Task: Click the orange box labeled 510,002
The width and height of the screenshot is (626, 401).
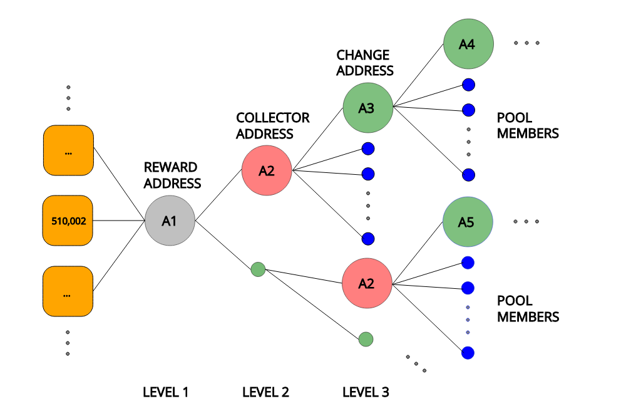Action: [x=68, y=221]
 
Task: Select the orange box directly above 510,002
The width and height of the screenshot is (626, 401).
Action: [x=68, y=150]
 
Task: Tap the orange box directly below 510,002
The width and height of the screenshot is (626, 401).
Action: [x=68, y=291]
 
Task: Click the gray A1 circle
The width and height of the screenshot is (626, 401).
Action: [x=170, y=221]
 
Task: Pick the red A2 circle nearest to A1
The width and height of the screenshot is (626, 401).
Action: [x=267, y=170]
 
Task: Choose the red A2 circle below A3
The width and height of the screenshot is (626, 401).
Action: [x=367, y=283]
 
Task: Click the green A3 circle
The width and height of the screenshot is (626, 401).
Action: [x=367, y=108]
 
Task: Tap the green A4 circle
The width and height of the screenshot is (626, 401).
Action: [x=468, y=44]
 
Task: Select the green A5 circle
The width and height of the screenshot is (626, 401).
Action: [x=468, y=222]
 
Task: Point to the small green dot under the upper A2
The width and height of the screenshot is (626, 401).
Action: [x=258, y=269]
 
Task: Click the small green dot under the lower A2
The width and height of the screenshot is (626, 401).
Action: [x=366, y=339]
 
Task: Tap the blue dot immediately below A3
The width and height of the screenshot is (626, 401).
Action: [x=368, y=148]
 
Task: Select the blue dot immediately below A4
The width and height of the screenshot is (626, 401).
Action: [x=468, y=85]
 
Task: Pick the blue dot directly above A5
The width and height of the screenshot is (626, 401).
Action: [x=468, y=175]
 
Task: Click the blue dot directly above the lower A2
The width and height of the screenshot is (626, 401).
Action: [x=368, y=239]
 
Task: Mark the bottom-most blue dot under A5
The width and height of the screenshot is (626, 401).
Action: [x=468, y=353]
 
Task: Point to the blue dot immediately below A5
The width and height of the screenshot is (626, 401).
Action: [x=468, y=263]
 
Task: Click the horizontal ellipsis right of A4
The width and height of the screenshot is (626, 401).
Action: [x=526, y=43]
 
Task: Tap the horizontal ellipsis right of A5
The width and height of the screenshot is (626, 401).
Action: [x=526, y=222]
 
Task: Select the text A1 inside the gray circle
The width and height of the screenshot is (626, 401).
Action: [x=170, y=221]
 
